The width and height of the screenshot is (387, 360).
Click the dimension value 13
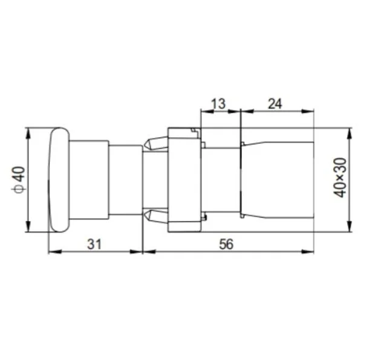[219, 104]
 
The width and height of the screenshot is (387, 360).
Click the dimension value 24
[275, 104]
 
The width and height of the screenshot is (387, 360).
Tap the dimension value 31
[94, 245]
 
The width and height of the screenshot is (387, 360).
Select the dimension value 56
[226, 245]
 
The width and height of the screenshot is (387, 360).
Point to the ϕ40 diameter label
[18, 180]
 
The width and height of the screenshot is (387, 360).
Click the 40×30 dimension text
[340, 178]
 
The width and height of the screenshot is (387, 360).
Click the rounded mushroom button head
[59, 180]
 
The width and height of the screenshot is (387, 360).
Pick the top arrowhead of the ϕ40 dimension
[28, 134]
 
